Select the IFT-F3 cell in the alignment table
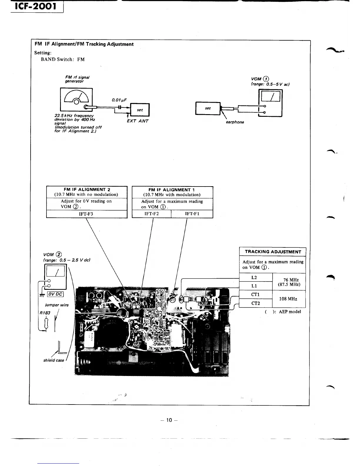tap(86, 214)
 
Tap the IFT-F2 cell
tap(151, 214)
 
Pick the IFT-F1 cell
tap(192, 214)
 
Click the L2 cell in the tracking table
tap(254, 277)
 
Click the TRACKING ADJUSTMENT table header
tap(273, 252)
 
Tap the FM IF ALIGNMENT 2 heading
tap(87, 190)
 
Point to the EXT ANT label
tap(137, 121)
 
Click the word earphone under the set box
tap(235, 122)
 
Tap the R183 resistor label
tap(45, 313)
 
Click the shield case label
tap(54, 360)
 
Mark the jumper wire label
tap(57, 305)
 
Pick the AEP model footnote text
tap(283, 312)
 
